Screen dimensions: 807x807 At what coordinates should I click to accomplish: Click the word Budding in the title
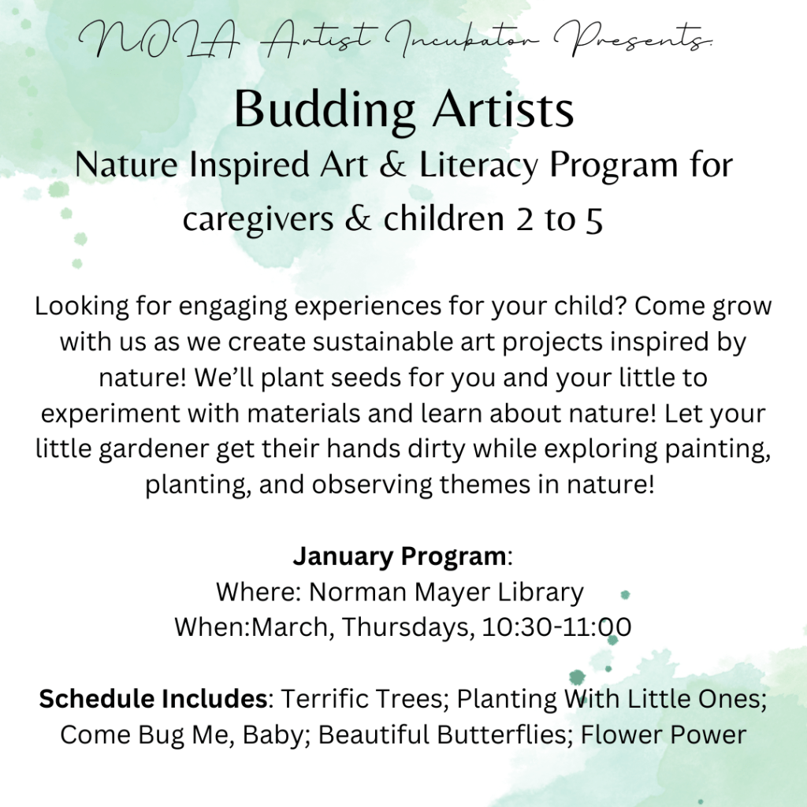coord(324,110)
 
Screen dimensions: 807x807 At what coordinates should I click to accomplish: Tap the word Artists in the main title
coord(504,109)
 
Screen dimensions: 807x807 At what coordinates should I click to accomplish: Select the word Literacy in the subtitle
coord(478,165)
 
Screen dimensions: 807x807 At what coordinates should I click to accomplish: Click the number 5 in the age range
coord(594,221)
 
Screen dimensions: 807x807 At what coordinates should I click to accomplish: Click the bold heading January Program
coord(400,556)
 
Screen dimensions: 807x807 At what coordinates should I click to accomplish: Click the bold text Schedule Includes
coord(153,699)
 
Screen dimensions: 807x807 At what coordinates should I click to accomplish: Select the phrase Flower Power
coord(664,735)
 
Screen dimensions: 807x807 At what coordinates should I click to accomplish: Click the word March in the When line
coord(290,627)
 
